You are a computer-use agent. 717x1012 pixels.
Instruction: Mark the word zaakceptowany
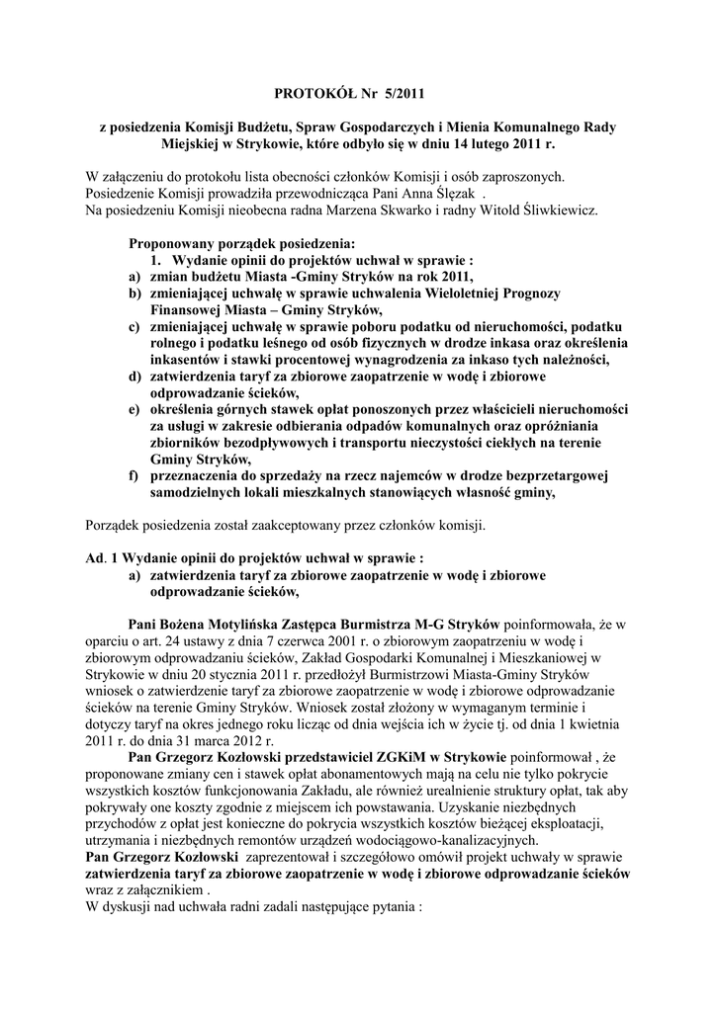[x=302, y=524]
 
